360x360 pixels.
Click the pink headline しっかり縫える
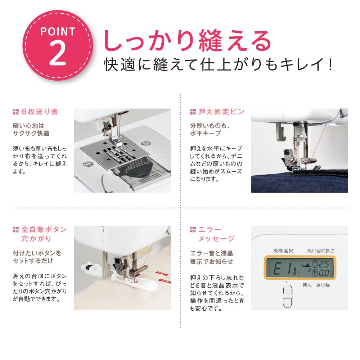click(187, 41)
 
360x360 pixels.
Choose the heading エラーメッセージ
click(216, 234)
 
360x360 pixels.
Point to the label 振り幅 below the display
click(323, 285)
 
